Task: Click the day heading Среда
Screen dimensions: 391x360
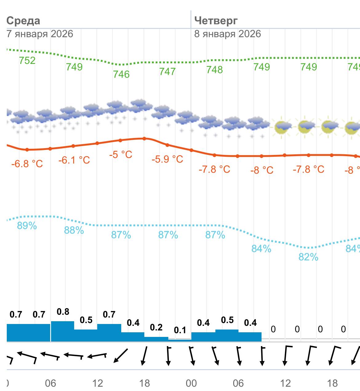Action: click(23, 21)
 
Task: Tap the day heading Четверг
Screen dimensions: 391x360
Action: click(216, 21)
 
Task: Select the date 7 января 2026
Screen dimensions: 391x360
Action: click(40, 34)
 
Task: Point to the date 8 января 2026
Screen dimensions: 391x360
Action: click(227, 34)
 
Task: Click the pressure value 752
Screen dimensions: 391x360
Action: click(27, 61)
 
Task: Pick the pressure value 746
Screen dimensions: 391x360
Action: click(121, 74)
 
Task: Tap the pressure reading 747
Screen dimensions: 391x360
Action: click(167, 71)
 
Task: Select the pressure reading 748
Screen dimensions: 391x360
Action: click(214, 70)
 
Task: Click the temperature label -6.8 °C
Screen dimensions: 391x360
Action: click(27, 164)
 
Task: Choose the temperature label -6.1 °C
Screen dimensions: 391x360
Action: click(74, 160)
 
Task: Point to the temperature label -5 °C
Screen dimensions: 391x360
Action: click(121, 154)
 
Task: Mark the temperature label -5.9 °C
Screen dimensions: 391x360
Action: click(167, 159)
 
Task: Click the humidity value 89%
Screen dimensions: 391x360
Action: click(27, 226)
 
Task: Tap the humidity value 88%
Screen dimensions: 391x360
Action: click(74, 230)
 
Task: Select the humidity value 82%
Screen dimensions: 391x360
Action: click(308, 257)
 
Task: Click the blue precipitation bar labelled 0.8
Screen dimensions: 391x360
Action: click(62, 331)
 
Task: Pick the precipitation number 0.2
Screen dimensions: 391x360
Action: click(156, 327)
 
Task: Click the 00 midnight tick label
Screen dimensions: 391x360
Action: click(191, 383)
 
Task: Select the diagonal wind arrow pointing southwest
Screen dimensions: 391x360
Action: click(121, 356)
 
